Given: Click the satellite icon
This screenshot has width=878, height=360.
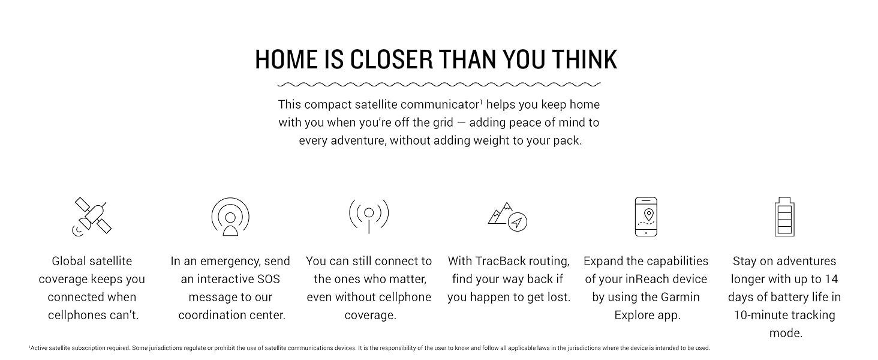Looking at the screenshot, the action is tap(92, 217).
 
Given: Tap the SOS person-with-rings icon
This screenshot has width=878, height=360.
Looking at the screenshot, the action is tap(230, 217).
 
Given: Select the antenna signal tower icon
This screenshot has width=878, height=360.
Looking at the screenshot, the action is tap(369, 216).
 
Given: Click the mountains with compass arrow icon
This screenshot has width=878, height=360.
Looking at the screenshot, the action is tap(507, 217).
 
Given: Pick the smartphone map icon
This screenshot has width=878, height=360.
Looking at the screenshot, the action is tap(646, 217).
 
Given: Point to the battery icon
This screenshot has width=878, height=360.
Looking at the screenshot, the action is tap(784, 217).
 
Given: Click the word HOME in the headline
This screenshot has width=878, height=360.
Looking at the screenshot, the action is tap(287, 59).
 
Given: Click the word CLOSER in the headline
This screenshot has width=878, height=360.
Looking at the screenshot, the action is tap(391, 59).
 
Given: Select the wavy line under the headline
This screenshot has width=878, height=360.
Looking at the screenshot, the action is tap(439, 85).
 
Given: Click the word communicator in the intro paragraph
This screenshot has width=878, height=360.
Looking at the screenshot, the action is tap(441, 105).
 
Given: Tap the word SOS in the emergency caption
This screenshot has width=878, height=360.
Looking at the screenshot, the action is tap(269, 279).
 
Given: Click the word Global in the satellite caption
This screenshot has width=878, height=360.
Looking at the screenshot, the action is tap(68, 261).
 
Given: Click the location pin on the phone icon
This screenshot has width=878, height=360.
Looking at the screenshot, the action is tap(649, 215).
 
